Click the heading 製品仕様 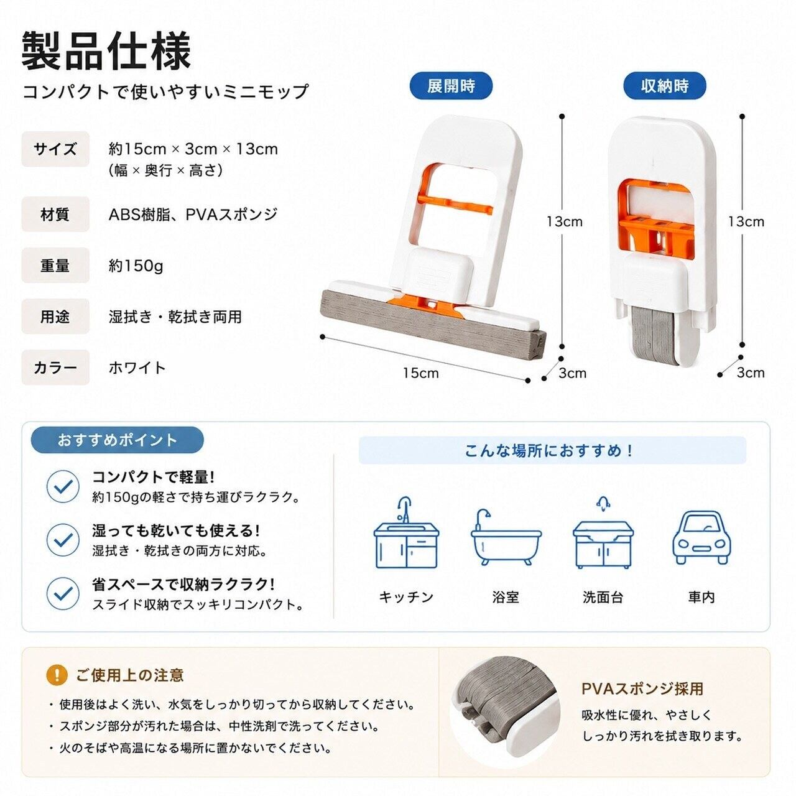pos(106,51)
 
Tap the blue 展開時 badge pos(451,86)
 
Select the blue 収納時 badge pos(665,86)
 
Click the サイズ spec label pos(55,149)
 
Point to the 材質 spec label pos(55,215)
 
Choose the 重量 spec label pos(55,265)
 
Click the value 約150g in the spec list pos(136,266)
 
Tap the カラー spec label pos(55,368)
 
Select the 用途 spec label pos(55,317)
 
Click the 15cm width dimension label pos(421,373)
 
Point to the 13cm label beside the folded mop pos(746,222)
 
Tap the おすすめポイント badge pos(118,440)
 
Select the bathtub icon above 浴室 pos(506,537)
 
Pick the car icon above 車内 pos(701,537)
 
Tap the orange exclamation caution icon pos(57,675)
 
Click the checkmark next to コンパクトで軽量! pos(63,486)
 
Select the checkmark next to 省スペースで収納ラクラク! pos(63,594)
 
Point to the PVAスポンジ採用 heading pos(642,688)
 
